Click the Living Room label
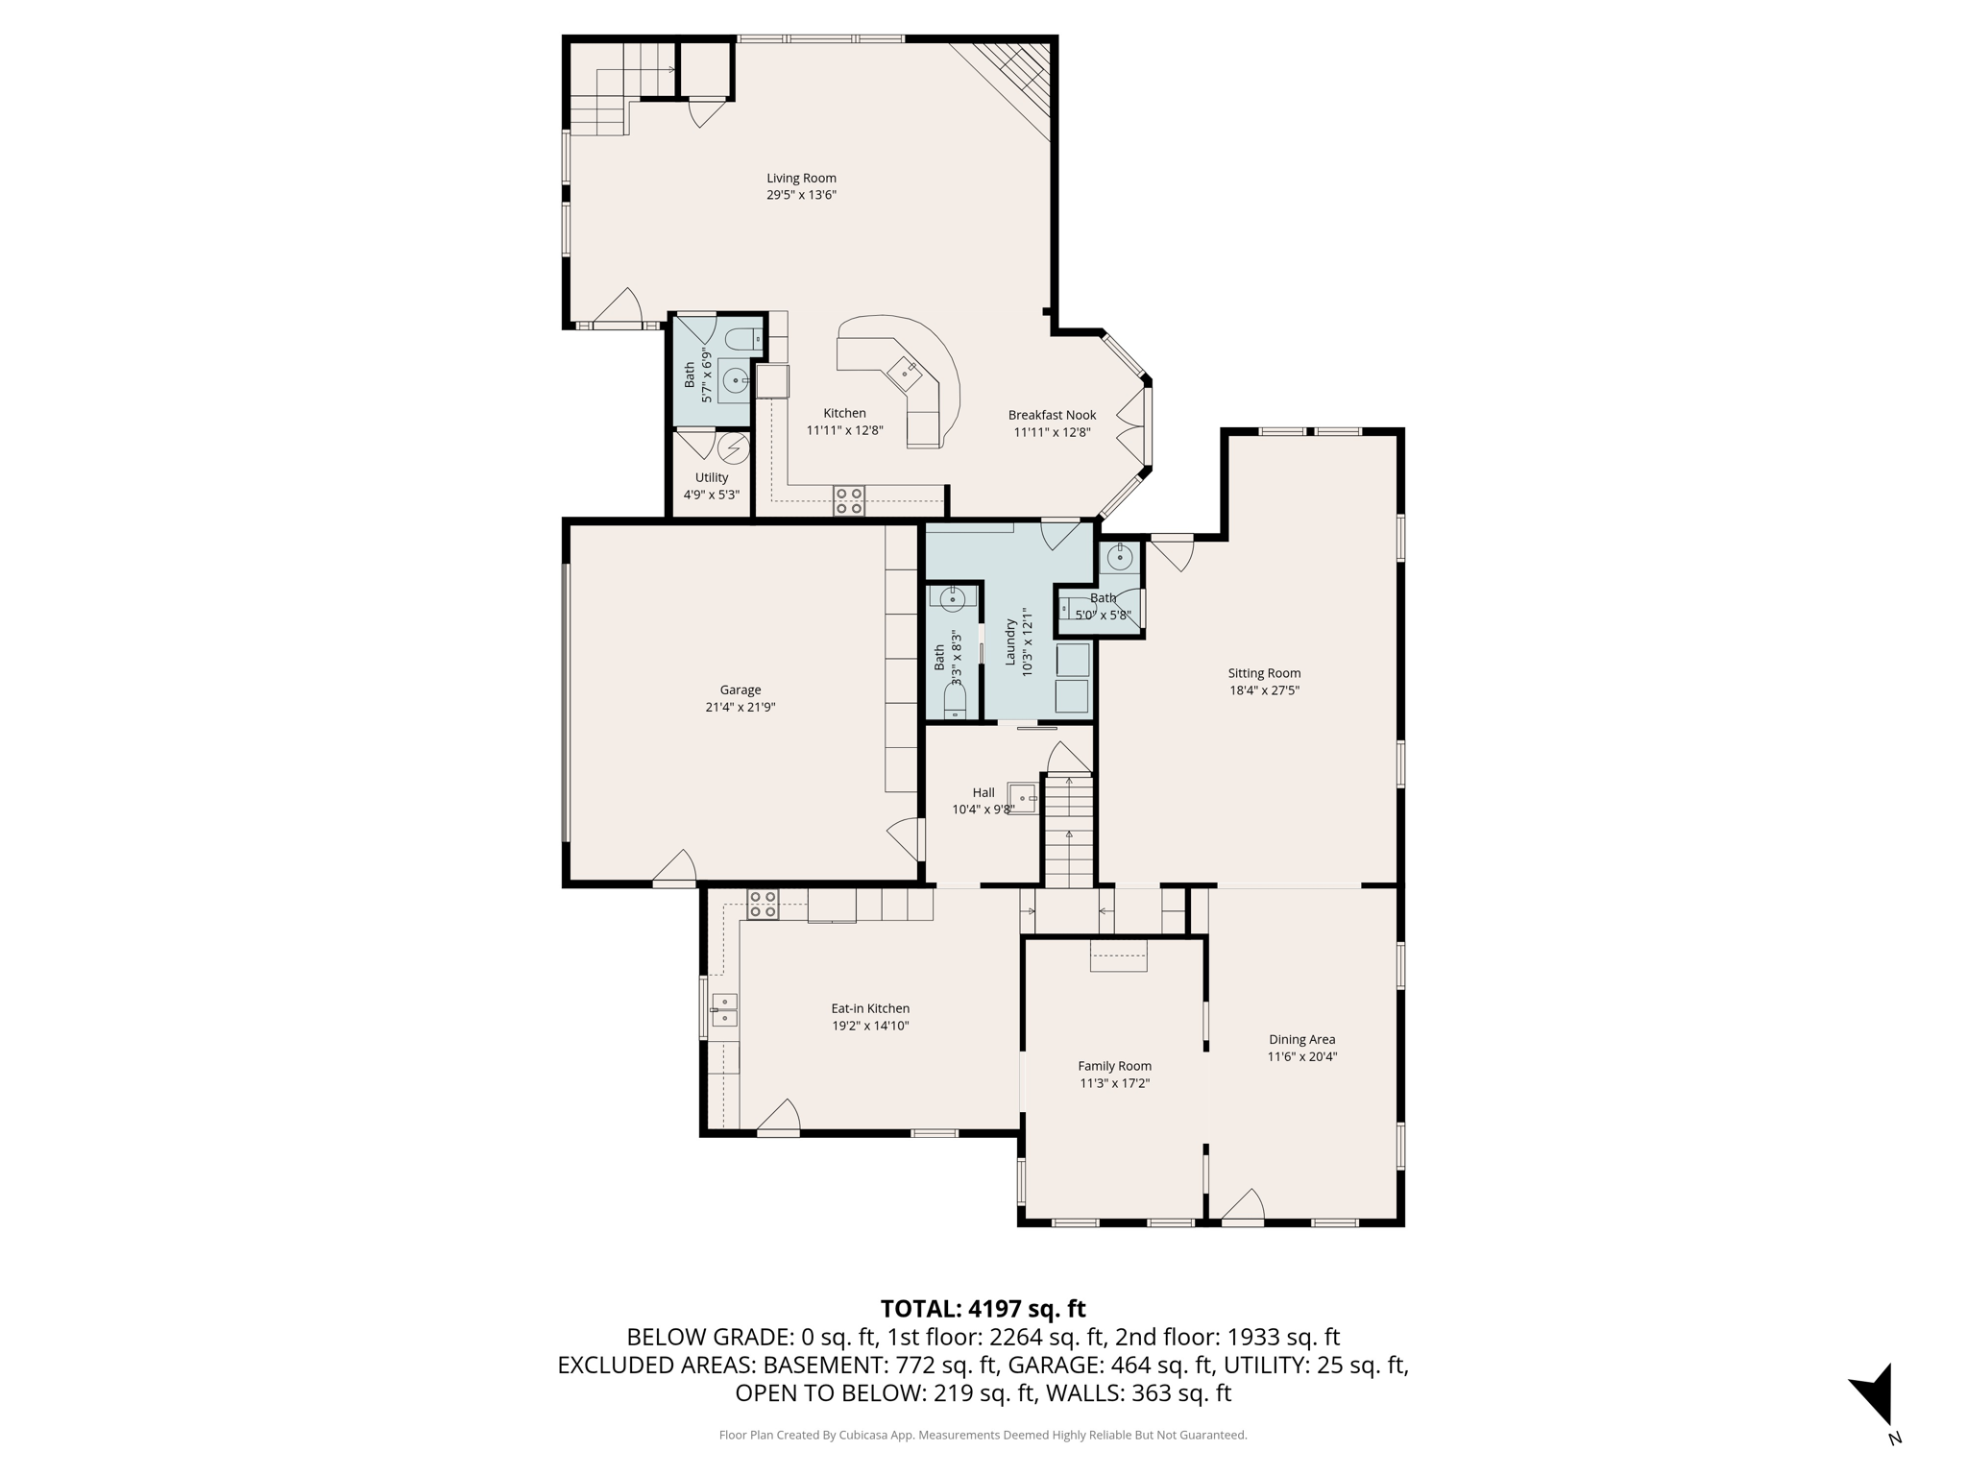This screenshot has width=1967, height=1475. (801, 178)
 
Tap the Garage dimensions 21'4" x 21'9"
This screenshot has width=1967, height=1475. (740, 707)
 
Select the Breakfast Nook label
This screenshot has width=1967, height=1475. (1052, 415)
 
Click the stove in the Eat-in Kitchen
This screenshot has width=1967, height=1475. (763, 905)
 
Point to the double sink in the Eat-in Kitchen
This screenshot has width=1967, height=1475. (724, 1010)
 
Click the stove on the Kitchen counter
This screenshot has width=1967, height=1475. (849, 500)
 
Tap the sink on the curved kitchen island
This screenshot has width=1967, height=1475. (904, 370)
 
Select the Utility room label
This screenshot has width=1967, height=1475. (712, 477)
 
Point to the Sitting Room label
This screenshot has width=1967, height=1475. (1264, 673)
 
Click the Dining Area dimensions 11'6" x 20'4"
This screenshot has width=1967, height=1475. (1301, 1056)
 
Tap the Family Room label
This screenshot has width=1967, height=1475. (1114, 1066)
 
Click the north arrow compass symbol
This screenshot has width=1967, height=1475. (1874, 1395)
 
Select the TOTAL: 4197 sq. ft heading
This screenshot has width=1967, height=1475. (983, 1309)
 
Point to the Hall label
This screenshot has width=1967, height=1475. (983, 792)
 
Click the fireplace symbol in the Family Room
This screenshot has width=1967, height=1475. (1118, 955)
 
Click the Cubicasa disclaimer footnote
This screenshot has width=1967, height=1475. (983, 1435)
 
